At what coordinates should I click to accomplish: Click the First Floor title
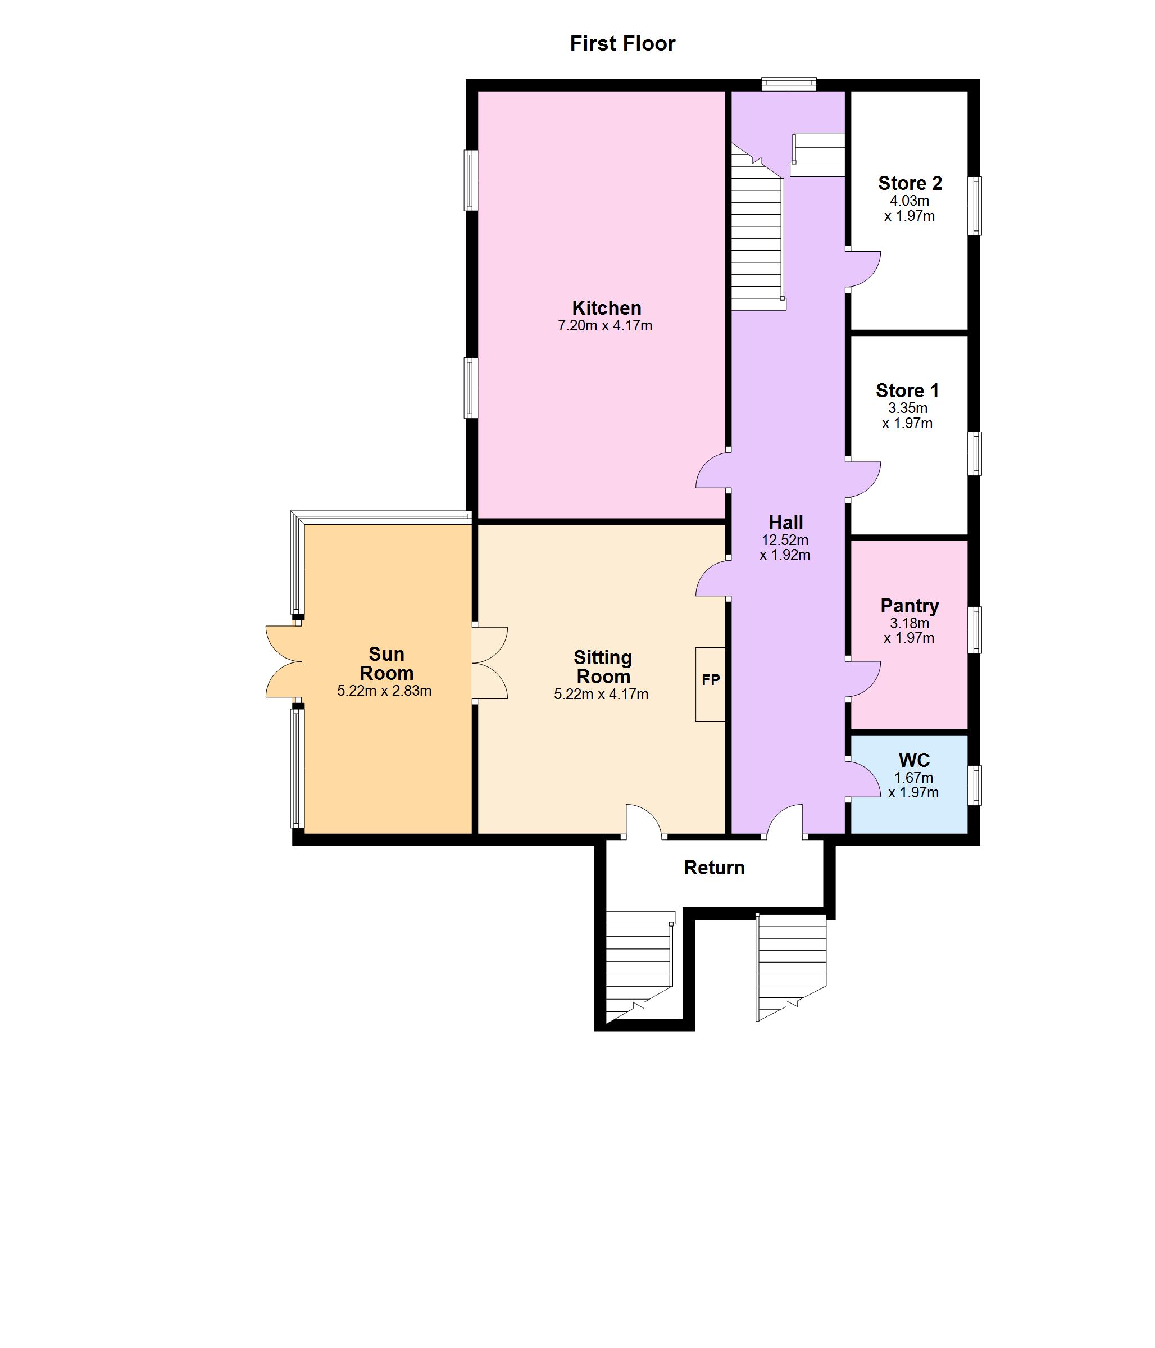point(622,44)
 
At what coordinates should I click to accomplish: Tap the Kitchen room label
point(606,308)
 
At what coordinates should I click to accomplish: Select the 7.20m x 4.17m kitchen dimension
point(605,326)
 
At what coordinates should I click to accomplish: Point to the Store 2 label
point(910,184)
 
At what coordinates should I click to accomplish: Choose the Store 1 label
point(907,391)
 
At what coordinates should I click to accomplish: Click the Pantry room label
point(909,606)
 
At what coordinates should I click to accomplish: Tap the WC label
point(914,760)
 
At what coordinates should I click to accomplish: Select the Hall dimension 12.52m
point(785,540)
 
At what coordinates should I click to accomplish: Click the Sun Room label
point(386,664)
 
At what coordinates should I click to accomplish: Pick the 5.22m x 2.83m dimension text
point(384,691)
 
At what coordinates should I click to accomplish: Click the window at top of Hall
point(789,83)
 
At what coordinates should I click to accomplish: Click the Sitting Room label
point(603,667)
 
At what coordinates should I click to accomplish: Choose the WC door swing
point(865,779)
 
